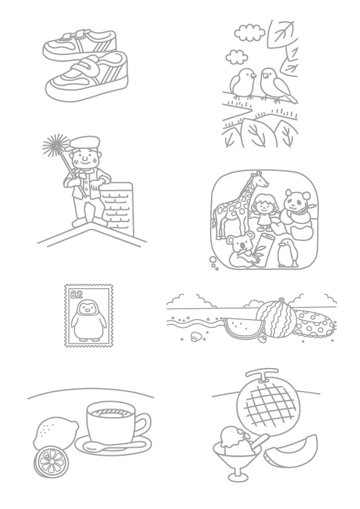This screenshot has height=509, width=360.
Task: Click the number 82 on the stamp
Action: point(77,294)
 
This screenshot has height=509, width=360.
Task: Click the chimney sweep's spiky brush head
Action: point(56,146)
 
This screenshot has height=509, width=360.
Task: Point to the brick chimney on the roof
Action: point(117,208)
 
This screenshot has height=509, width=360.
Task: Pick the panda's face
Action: point(297,201)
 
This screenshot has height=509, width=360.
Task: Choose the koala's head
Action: point(240,243)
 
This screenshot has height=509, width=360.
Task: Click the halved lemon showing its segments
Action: point(51,462)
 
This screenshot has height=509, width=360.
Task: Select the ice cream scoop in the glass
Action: point(234,438)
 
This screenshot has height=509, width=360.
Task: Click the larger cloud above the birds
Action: point(249,32)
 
